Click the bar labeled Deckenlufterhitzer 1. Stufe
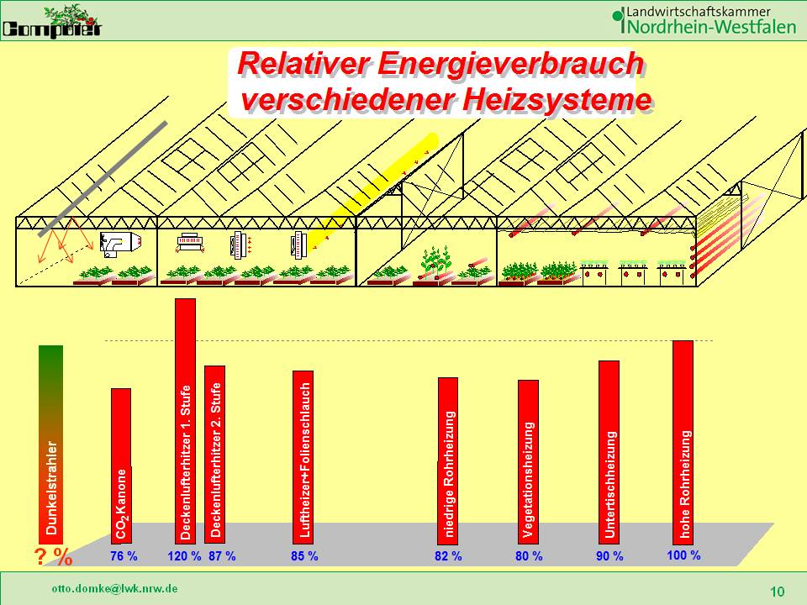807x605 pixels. coord(185,420)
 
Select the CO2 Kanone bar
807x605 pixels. coord(121,462)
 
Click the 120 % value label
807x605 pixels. coord(184,556)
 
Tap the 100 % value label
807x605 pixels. coord(683,555)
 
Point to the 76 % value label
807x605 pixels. coord(124,556)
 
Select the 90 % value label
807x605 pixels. coord(609,556)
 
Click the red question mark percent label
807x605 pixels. coord(52,556)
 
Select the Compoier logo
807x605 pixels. coord(52,22)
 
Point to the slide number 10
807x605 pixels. coord(777,592)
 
